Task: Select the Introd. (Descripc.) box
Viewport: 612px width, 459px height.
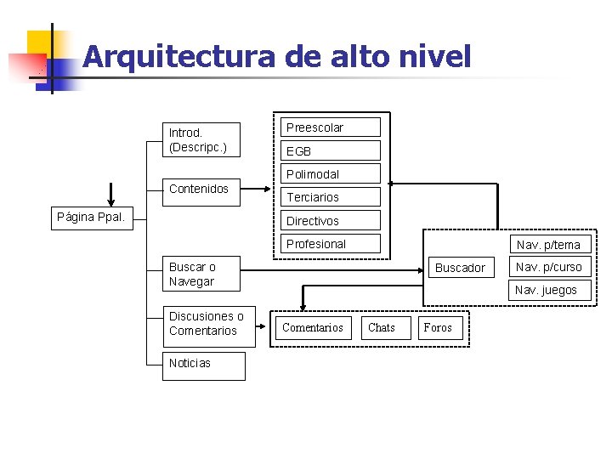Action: (201, 140)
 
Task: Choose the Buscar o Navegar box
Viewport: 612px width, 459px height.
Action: (201, 275)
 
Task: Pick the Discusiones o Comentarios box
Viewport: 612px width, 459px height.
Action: (208, 324)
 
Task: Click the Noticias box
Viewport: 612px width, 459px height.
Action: (204, 364)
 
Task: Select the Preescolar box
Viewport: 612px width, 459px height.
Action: (331, 127)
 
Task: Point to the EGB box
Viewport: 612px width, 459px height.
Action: (331, 151)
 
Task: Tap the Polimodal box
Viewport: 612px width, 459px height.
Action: (331, 174)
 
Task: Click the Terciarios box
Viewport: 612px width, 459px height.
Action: (331, 197)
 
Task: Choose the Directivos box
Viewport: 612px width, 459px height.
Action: (331, 221)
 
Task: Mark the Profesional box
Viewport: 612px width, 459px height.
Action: (331, 244)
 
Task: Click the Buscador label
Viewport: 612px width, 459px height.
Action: (460, 268)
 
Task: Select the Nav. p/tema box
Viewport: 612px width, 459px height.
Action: (548, 245)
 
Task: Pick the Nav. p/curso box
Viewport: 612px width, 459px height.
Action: (548, 267)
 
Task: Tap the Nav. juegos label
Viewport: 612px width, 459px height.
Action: (546, 290)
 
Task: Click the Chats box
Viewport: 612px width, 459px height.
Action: (382, 328)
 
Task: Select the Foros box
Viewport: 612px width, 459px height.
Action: (439, 328)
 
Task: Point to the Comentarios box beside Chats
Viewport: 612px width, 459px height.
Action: (313, 328)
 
